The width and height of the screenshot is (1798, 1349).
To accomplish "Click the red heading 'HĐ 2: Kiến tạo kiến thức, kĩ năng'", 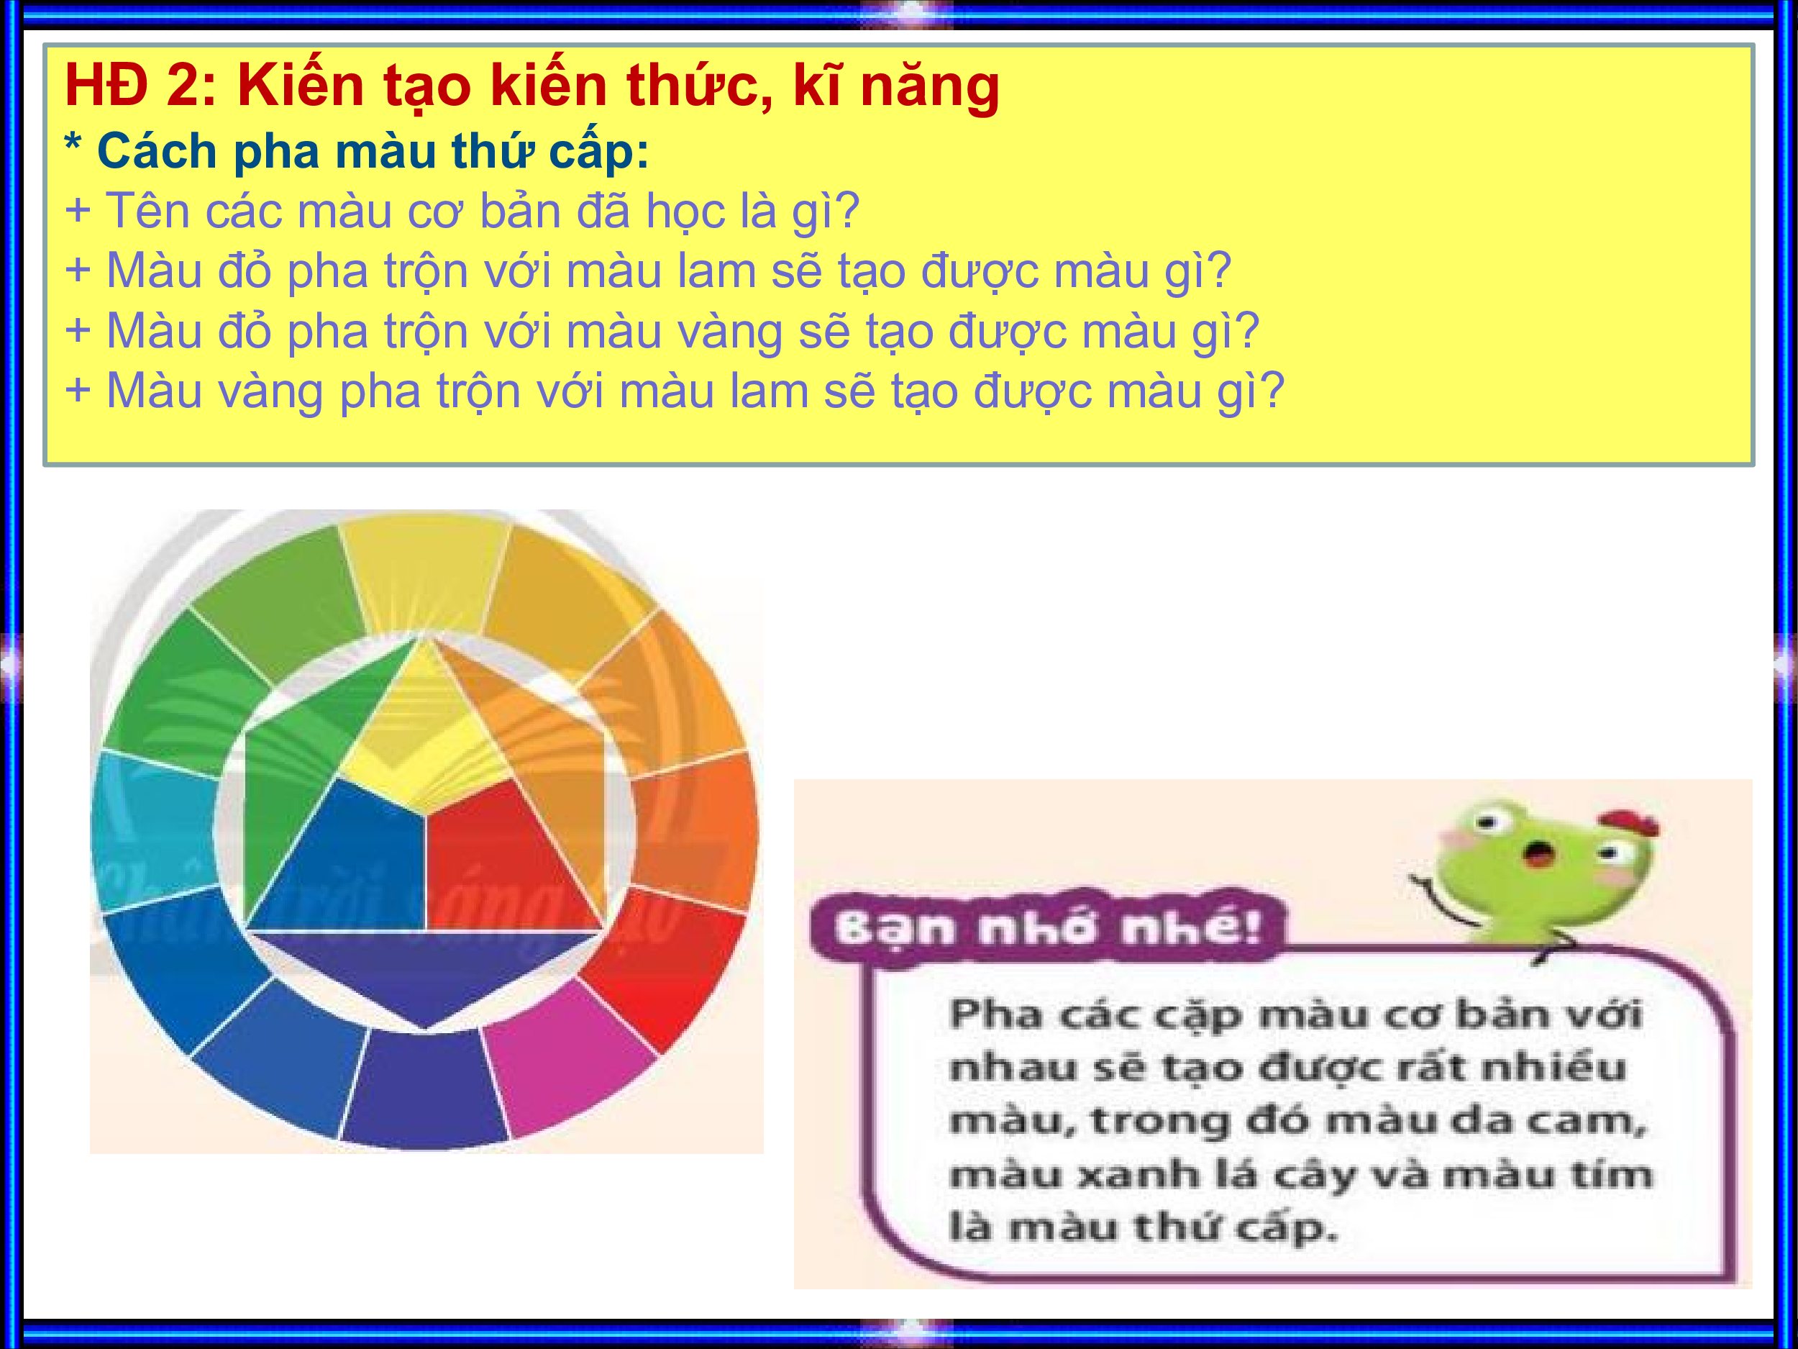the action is [531, 86].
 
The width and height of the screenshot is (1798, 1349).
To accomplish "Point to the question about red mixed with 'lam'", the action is [668, 271].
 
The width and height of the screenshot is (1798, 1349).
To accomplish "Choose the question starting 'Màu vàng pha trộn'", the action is [695, 391].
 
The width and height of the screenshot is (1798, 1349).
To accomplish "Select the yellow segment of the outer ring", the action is [424, 573].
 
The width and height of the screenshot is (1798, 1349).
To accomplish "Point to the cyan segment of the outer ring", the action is [155, 830].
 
